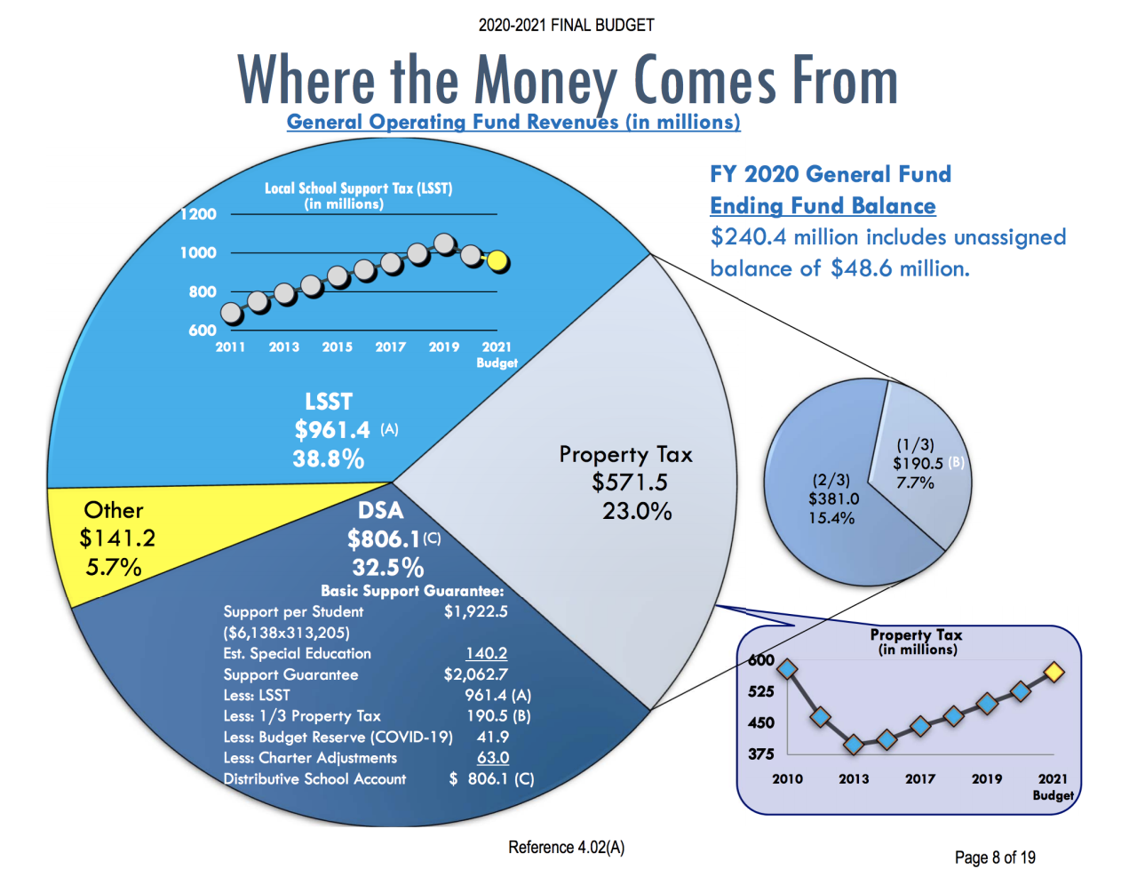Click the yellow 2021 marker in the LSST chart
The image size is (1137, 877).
coord(498,260)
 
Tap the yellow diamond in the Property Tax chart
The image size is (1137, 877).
coord(1054,673)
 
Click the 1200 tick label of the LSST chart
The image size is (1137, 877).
coord(198,214)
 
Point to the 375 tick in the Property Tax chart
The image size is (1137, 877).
coord(761,753)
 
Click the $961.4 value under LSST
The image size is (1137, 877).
coord(332,430)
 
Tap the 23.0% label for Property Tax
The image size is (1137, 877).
coord(637,511)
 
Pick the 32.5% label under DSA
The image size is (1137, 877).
coord(388,567)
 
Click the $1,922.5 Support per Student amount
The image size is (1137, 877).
coord(476,611)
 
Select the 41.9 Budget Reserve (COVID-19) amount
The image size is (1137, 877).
coord(493,737)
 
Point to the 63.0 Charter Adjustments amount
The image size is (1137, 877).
coord(493,758)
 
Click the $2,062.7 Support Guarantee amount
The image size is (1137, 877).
coord(476,674)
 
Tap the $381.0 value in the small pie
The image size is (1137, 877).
coord(833,499)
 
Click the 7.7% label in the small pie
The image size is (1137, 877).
coord(915,482)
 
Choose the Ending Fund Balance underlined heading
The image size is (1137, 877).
coord(823,206)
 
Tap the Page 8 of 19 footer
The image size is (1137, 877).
coord(995,857)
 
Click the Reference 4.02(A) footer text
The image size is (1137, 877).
coord(566,848)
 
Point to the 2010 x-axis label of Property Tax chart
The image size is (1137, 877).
coord(787,778)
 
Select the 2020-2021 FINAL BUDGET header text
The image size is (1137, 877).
coord(566,25)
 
